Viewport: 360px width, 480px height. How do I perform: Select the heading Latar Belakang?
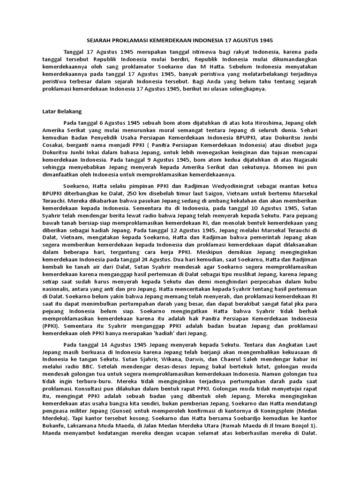62,112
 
